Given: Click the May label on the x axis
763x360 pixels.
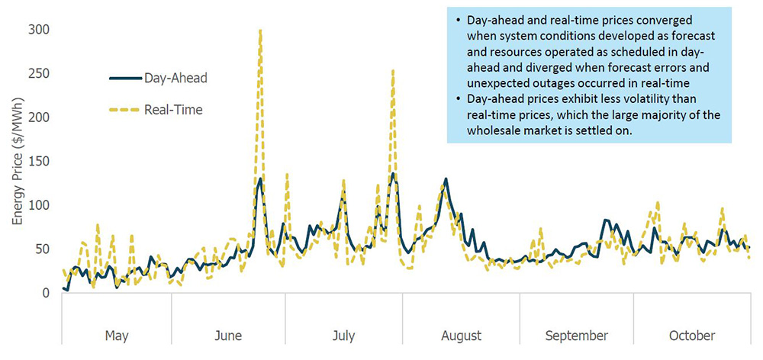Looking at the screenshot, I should (x=116, y=336).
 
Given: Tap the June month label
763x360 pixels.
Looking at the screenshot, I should (x=228, y=336).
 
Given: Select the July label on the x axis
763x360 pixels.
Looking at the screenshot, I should (x=344, y=336).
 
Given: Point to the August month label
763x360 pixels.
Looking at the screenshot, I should (x=461, y=336).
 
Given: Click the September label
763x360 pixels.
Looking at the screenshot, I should (x=577, y=336).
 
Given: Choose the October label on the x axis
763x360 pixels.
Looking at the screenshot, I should (x=693, y=336).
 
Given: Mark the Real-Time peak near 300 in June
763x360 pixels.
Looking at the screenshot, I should (x=260, y=31).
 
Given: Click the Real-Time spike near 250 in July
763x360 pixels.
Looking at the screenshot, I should (x=393, y=71).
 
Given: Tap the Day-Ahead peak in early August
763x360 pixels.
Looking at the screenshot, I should (x=446, y=180).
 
